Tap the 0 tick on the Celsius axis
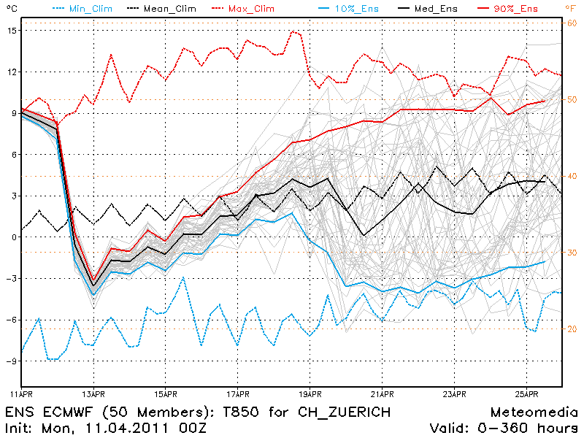pyautogui.click(x=15, y=237)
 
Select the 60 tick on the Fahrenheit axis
pyautogui.click(x=572, y=23)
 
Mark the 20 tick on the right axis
pyautogui.click(x=572, y=328)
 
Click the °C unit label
pyautogui.click(x=11, y=8)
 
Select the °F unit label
pyautogui.click(x=571, y=8)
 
